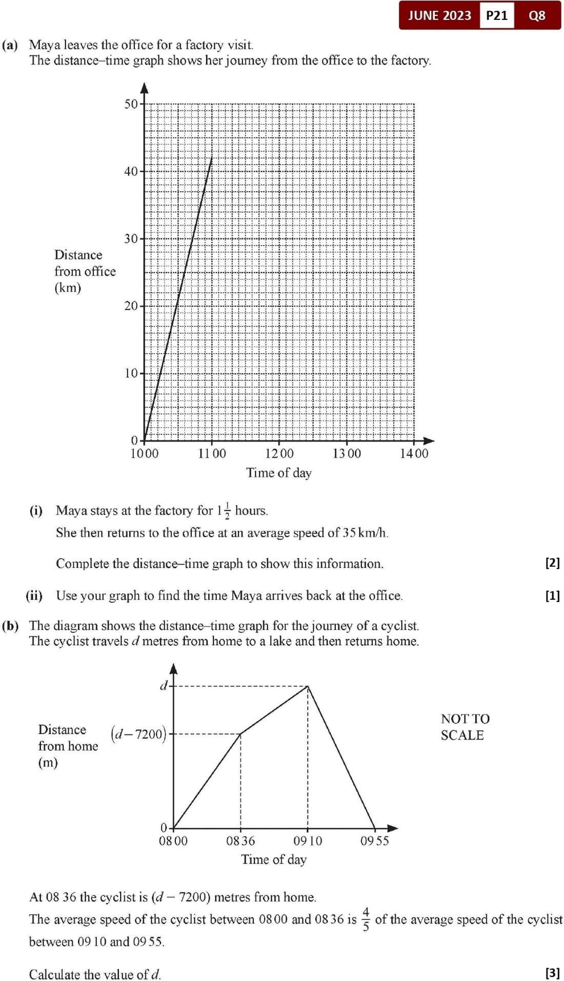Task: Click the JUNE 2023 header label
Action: tap(439, 15)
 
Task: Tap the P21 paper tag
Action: tap(496, 15)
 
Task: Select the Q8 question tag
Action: tap(537, 15)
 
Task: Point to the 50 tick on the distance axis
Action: tap(131, 104)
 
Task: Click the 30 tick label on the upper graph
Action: tap(131, 239)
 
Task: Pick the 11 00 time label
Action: tap(212, 454)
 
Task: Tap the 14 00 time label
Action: tap(414, 454)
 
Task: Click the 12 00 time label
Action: tap(279, 454)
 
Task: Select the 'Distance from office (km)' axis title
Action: tap(85, 271)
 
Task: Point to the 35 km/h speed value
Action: tap(365, 533)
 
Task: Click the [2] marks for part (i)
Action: tap(552, 563)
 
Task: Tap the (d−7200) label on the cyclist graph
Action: tap(138, 734)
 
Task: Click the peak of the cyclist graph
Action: tap(308, 686)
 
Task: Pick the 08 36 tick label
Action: tap(240, 841)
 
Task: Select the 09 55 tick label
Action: tap(375, 841)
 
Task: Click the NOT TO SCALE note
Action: tap(465, 727)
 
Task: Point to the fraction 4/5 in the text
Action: tap(366, 919)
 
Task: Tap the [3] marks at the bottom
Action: tap(552, 973)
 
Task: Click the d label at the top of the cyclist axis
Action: tap(164, 686)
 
